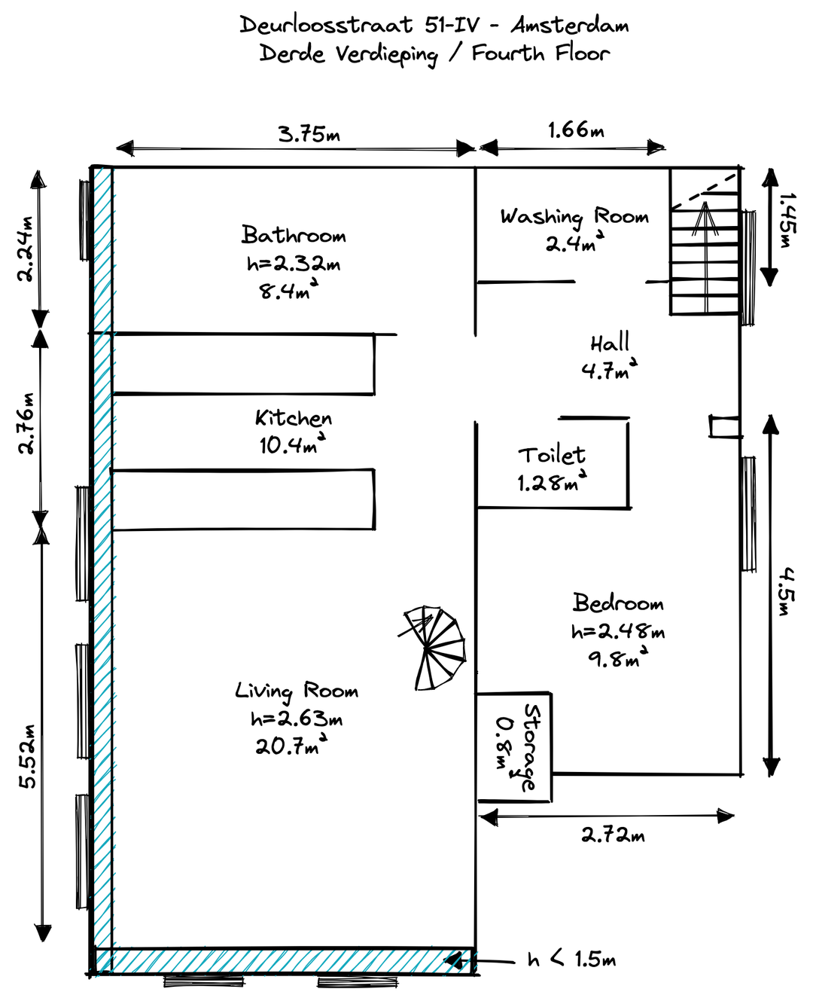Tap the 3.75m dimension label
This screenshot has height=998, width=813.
click(x=309, y=135)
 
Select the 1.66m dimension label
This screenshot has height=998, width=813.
click(x=576, y=130)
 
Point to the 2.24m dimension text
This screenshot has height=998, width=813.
click(x=26, y=249)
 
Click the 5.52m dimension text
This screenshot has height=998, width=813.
click(x=27, y=757)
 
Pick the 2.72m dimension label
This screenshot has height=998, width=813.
click(x=613, y=835)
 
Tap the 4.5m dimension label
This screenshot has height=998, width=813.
click(x=787, y=591)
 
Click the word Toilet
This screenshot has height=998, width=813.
click(x=552, y=455)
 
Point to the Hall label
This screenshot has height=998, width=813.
click(x=610, y=343)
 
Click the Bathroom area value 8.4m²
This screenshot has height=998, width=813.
click(x=288, y=290)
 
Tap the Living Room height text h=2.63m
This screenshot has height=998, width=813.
click(x=297, y=719)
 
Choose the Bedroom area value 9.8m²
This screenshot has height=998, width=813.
click(x=618, y=658)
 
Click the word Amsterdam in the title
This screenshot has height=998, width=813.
click(x=569, y=25)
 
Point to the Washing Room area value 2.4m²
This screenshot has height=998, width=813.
click(x=574, y=243)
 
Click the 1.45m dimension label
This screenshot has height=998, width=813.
click(x=787, y=220)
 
